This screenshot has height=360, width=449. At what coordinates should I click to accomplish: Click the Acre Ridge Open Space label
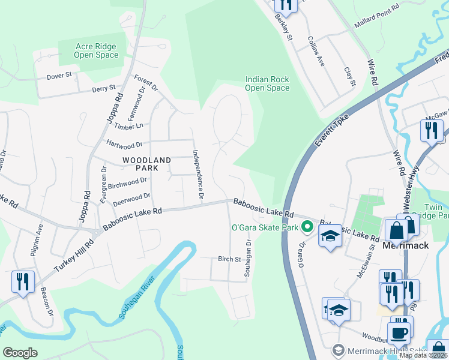tap(96, 50)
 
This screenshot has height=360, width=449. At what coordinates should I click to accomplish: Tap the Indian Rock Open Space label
tap(267, 83)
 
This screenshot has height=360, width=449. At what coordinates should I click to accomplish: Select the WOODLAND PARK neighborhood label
tap(146, 164)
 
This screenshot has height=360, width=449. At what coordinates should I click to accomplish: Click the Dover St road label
tap(59, 76)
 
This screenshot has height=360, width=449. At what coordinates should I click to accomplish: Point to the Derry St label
tap(103, 88)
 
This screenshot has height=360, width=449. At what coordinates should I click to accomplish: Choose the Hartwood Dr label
tap(124, 144)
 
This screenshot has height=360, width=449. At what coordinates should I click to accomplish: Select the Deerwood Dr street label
tap(131, 199)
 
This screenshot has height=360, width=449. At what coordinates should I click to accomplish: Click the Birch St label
tap(229, 259)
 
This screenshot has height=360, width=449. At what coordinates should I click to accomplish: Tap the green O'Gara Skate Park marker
tap(307, 227)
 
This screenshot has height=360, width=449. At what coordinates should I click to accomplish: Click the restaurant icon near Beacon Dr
tap(23, 281)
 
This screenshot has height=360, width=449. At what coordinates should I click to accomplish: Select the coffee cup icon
tap(399, 333)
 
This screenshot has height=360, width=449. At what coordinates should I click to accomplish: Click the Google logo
tap(20, 353)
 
